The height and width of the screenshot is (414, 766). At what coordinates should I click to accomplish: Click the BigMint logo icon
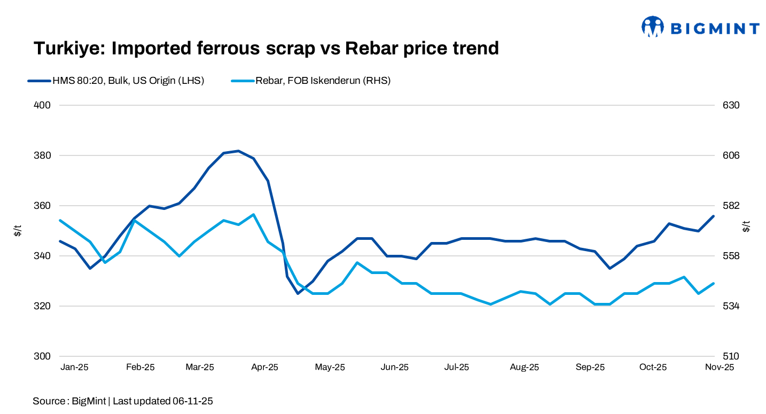click(x=652, y=27)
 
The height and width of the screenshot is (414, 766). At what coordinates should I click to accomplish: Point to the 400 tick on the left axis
click(x=42, y=105)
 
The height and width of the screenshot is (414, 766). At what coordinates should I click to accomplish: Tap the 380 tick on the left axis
click(x=42, y=155)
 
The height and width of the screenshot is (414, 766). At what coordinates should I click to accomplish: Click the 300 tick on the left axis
click(x=42, y=356)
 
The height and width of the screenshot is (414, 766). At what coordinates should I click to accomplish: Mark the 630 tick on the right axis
click(x=731, y=105)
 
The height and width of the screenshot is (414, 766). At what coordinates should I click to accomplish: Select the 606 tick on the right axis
click(x=731, y=155)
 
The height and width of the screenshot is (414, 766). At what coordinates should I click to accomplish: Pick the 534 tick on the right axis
click(x=731, y=306)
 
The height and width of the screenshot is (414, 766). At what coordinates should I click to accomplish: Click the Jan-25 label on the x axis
click(x=74, y=367)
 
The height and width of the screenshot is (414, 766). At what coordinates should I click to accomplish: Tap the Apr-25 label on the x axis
click(x=264, y=367)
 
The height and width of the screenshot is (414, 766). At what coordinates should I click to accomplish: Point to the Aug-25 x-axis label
click(x=525, y=367)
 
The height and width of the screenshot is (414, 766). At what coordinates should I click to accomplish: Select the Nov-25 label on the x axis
click(x=720, y=367)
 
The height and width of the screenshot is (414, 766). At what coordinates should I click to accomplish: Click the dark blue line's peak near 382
click(x=238, y=151)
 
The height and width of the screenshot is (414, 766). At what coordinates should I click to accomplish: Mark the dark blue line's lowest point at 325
click(x=298, y=293)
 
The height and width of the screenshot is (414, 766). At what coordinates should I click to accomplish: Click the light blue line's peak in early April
click(x=253, y=214)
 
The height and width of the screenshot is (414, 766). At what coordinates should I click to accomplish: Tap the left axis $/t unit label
click(x=18, y=231)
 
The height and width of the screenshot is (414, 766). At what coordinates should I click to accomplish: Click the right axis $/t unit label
click(x=746, y=226)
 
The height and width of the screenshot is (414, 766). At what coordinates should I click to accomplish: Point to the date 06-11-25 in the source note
click(x=192, y=401)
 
